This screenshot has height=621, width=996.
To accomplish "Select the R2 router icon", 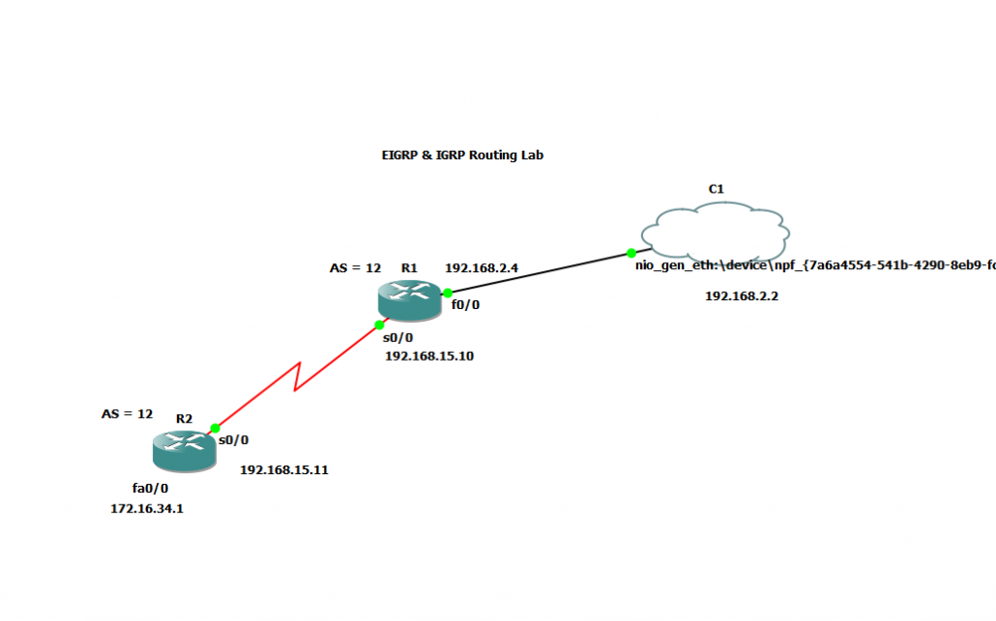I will coord(183,451).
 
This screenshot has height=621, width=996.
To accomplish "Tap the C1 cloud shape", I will coord(715,229).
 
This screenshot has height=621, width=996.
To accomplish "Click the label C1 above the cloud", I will coord(715,189).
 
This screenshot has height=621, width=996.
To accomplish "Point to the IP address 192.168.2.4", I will coord(482,267).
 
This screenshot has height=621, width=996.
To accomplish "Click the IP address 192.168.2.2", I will coord(741,296).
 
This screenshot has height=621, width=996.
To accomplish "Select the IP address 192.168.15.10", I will coord(429,356).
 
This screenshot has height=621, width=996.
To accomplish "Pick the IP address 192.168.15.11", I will coord(284,469).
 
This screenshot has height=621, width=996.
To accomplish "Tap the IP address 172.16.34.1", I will coord(147,507).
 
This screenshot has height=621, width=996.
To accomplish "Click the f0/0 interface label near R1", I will coord(464,305).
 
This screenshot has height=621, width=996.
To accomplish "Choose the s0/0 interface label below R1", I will coord(398,338).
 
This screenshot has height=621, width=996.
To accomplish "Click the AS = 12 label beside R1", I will coord(355,268).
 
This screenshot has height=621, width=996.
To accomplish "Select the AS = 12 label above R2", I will coord(127,413).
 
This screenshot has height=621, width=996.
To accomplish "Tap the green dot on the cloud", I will coord(631,253).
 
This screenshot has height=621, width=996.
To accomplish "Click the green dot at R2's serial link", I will coord(216,428).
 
